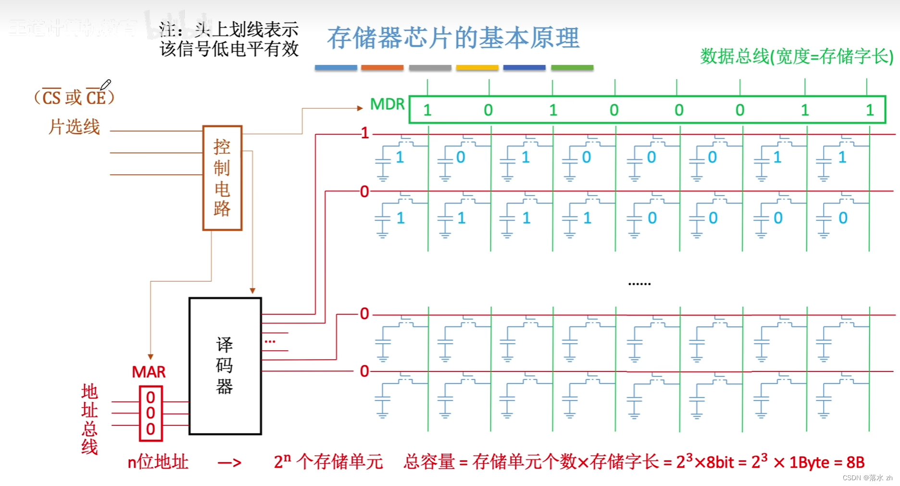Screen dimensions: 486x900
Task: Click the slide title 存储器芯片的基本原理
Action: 453,38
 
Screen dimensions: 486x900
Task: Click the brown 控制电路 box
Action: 222,178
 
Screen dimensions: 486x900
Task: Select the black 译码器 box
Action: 225,366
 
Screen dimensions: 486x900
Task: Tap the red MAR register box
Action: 150,413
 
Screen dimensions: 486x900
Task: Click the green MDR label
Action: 387,104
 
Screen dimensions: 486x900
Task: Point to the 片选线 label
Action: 74,127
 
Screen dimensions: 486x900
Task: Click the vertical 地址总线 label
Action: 89,419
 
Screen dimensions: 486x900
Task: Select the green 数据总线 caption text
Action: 796,57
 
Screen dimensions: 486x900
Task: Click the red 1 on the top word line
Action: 365,133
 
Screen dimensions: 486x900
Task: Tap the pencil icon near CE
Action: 106,85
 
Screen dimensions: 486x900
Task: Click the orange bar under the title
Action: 382,68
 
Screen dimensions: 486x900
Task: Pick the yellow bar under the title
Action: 477,68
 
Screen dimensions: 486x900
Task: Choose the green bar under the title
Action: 572,68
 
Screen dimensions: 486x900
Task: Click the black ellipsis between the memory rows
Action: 639,284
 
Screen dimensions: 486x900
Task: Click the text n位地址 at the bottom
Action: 158,462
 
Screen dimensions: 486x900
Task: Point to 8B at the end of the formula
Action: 855,462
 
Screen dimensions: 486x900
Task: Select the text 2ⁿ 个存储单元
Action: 328,462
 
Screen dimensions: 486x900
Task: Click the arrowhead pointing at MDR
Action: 360,108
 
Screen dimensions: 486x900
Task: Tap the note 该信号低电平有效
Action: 229,49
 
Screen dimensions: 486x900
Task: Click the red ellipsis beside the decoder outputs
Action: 270,341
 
